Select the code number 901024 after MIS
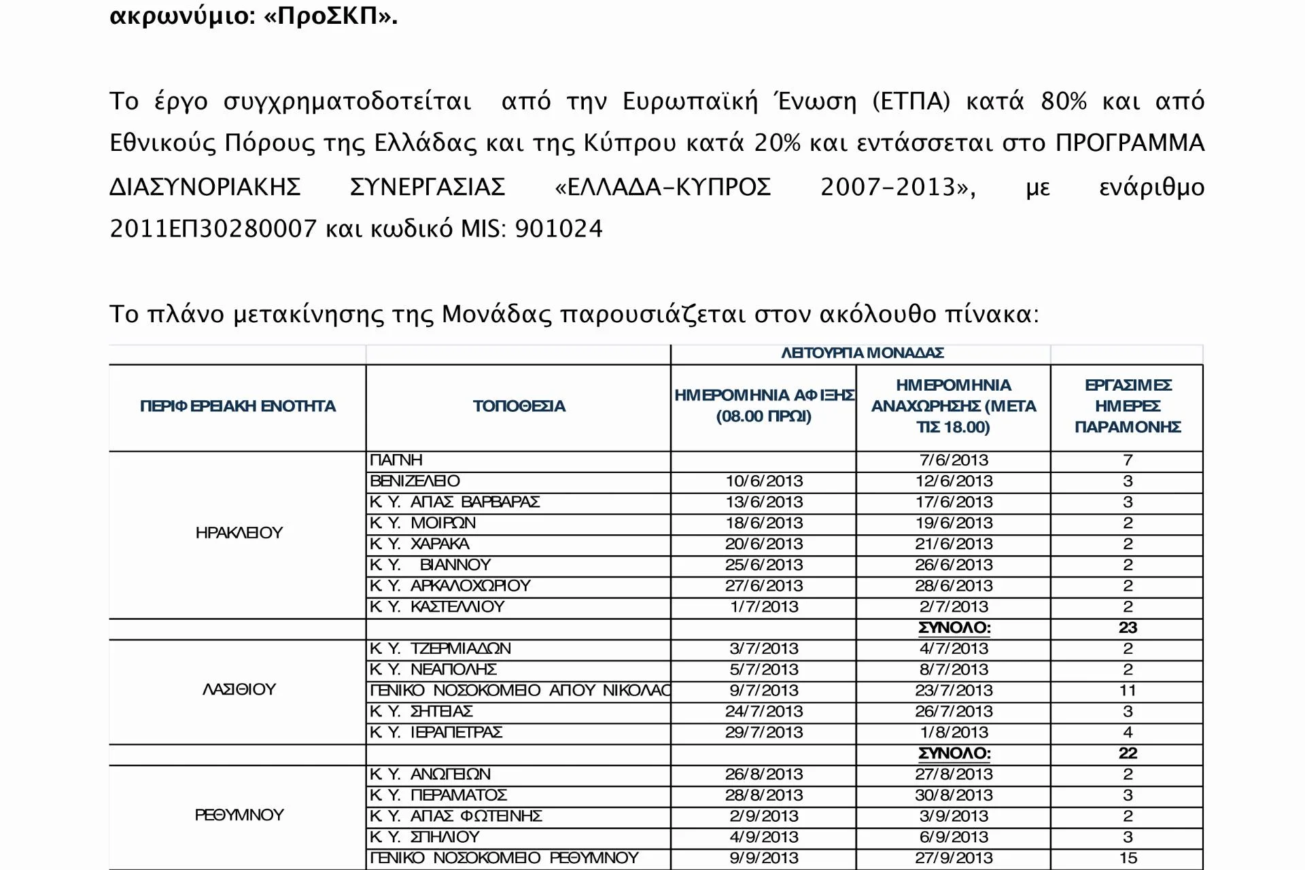(559, 229)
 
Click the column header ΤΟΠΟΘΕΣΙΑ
(519, 406)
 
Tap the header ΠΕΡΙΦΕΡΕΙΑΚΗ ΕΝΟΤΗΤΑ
(238, 406)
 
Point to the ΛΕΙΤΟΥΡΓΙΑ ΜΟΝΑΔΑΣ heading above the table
(862, 353)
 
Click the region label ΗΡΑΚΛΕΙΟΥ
(239, 533)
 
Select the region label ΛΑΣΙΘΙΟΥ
(239, 690)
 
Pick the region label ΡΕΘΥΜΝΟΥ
(239, 816)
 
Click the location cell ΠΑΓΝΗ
(396, 460)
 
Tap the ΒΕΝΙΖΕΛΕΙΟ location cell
(415, 481)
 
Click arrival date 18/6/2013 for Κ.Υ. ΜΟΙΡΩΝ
(764, 523)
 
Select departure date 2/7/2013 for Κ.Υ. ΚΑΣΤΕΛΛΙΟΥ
(954, 607)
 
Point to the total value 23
(1128, 628)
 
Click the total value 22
(1128, 754)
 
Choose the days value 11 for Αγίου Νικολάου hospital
(1128, 691)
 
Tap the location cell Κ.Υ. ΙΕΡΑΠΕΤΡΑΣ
(436, 733)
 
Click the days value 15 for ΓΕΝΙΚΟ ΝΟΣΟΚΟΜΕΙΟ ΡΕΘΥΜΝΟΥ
(1128, 858)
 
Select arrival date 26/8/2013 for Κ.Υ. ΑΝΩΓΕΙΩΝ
(764, 775)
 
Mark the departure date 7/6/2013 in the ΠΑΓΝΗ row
(954, 460)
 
